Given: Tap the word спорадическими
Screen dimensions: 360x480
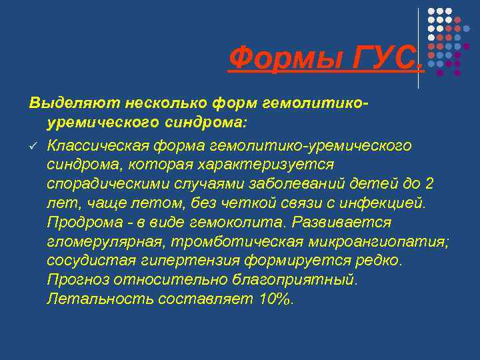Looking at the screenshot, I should pyautogui.click(x=101, y=183).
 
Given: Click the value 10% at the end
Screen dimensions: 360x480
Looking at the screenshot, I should pyautogui.click(x=275, y=299).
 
